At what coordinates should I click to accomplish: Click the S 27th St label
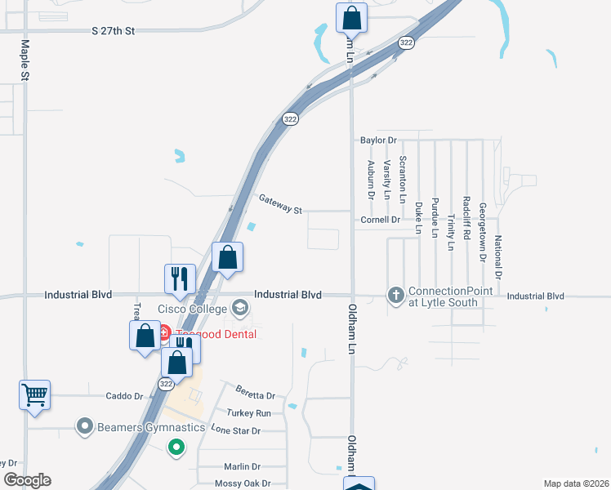[112, 31]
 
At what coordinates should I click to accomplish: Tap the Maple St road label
[25, 60]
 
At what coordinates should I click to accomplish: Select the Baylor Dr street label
[378, 140]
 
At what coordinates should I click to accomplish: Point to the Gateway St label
[280, 204]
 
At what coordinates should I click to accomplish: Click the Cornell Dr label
[380, 220]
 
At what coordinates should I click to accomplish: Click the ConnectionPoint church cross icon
[396, 295]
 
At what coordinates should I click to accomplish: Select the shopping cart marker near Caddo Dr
[35, 395]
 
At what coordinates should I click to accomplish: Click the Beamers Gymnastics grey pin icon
[83, 426]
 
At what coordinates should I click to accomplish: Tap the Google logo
[27, 480]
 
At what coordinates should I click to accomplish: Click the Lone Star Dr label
[235, 430]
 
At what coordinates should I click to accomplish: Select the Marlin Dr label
[242, 466]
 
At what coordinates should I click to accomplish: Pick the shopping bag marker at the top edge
[351, 16]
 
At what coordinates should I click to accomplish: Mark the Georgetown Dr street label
[482, 232]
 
